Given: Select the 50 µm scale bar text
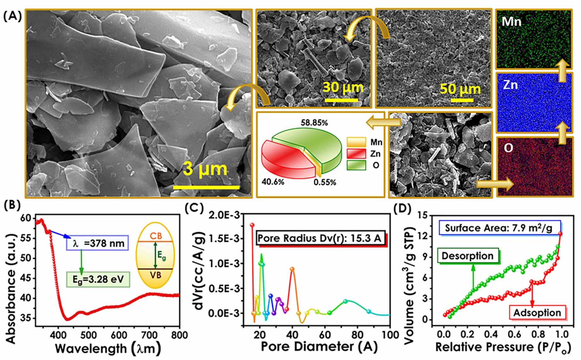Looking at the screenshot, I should [x=460, y=90].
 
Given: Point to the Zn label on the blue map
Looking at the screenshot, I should [x=510, y=85].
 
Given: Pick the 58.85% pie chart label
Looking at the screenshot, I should [x=314, y=123].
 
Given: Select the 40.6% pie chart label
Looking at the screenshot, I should [x=273, y=182].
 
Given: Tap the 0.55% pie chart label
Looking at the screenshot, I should [x=325, y=182].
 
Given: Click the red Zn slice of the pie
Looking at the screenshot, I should [x=283, y=157].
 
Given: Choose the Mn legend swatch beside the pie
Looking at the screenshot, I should [x=356, y=142].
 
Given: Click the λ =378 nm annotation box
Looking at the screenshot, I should [x=97, y=243].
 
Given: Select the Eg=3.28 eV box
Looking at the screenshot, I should [x=98, y=279].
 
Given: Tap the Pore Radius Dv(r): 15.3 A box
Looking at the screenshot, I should [x=320, y=238].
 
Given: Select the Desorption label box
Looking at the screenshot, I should [x=468, y=256].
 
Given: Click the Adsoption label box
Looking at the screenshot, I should [x=537, y=313].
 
